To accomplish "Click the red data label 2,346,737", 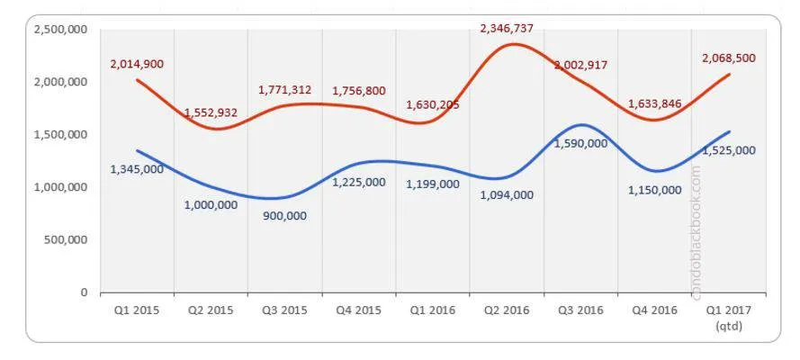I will [x=507, y=28].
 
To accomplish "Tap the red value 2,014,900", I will [x=137, y=64].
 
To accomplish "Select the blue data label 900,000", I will [x=284, y=215].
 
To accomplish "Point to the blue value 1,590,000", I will [x=580, y=143].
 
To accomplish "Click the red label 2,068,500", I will [x=728, y=58].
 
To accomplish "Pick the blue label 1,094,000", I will [x=507, y=194].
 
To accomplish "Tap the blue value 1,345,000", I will [x=137, y=168].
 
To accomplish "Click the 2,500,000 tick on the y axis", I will [x=60, y=30].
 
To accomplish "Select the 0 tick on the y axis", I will [x=84, y=293].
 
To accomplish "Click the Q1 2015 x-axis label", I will [x=137, y=310].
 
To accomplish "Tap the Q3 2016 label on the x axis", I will [x=580, y=310].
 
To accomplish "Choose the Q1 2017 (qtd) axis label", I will [x=729, y=317].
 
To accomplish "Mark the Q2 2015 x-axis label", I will [x=211, y=310].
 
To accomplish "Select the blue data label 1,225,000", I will [x=359, y=182].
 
